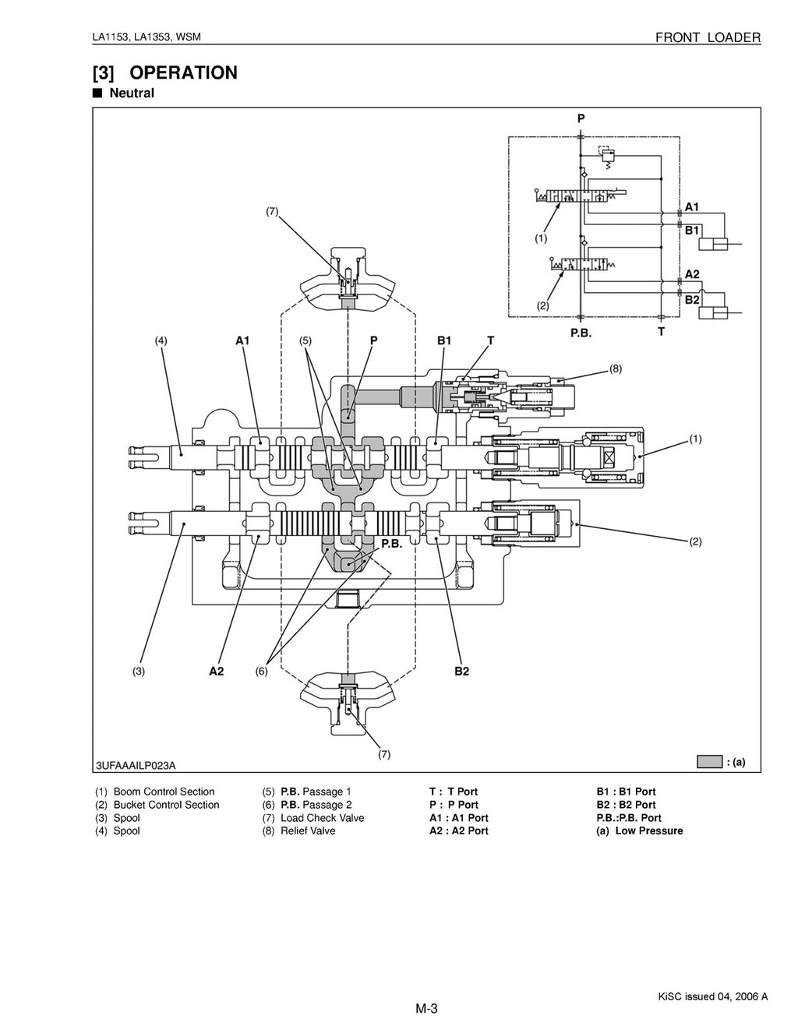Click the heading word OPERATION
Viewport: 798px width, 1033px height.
[183, 73]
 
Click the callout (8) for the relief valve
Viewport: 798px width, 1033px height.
[615, 369]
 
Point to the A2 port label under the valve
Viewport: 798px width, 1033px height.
[216, 672]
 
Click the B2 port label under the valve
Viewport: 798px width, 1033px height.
[461, 672]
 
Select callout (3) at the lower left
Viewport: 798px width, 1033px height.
[138, 672]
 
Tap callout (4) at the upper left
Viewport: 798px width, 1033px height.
[161, 340]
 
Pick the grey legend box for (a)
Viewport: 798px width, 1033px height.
[709, 762]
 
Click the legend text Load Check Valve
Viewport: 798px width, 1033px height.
[322, 818]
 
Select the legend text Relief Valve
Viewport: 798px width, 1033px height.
[308, 831]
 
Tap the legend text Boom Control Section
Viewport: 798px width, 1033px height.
[164, 791]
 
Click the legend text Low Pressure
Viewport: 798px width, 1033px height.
[648, 831]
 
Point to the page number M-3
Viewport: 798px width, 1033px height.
[426, 1010]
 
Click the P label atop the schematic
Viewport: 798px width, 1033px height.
[581, 118]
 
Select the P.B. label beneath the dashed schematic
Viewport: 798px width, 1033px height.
[581, 332]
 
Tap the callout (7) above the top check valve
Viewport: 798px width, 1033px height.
[272, 211]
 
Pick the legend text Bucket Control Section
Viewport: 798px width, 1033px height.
[166, 805]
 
